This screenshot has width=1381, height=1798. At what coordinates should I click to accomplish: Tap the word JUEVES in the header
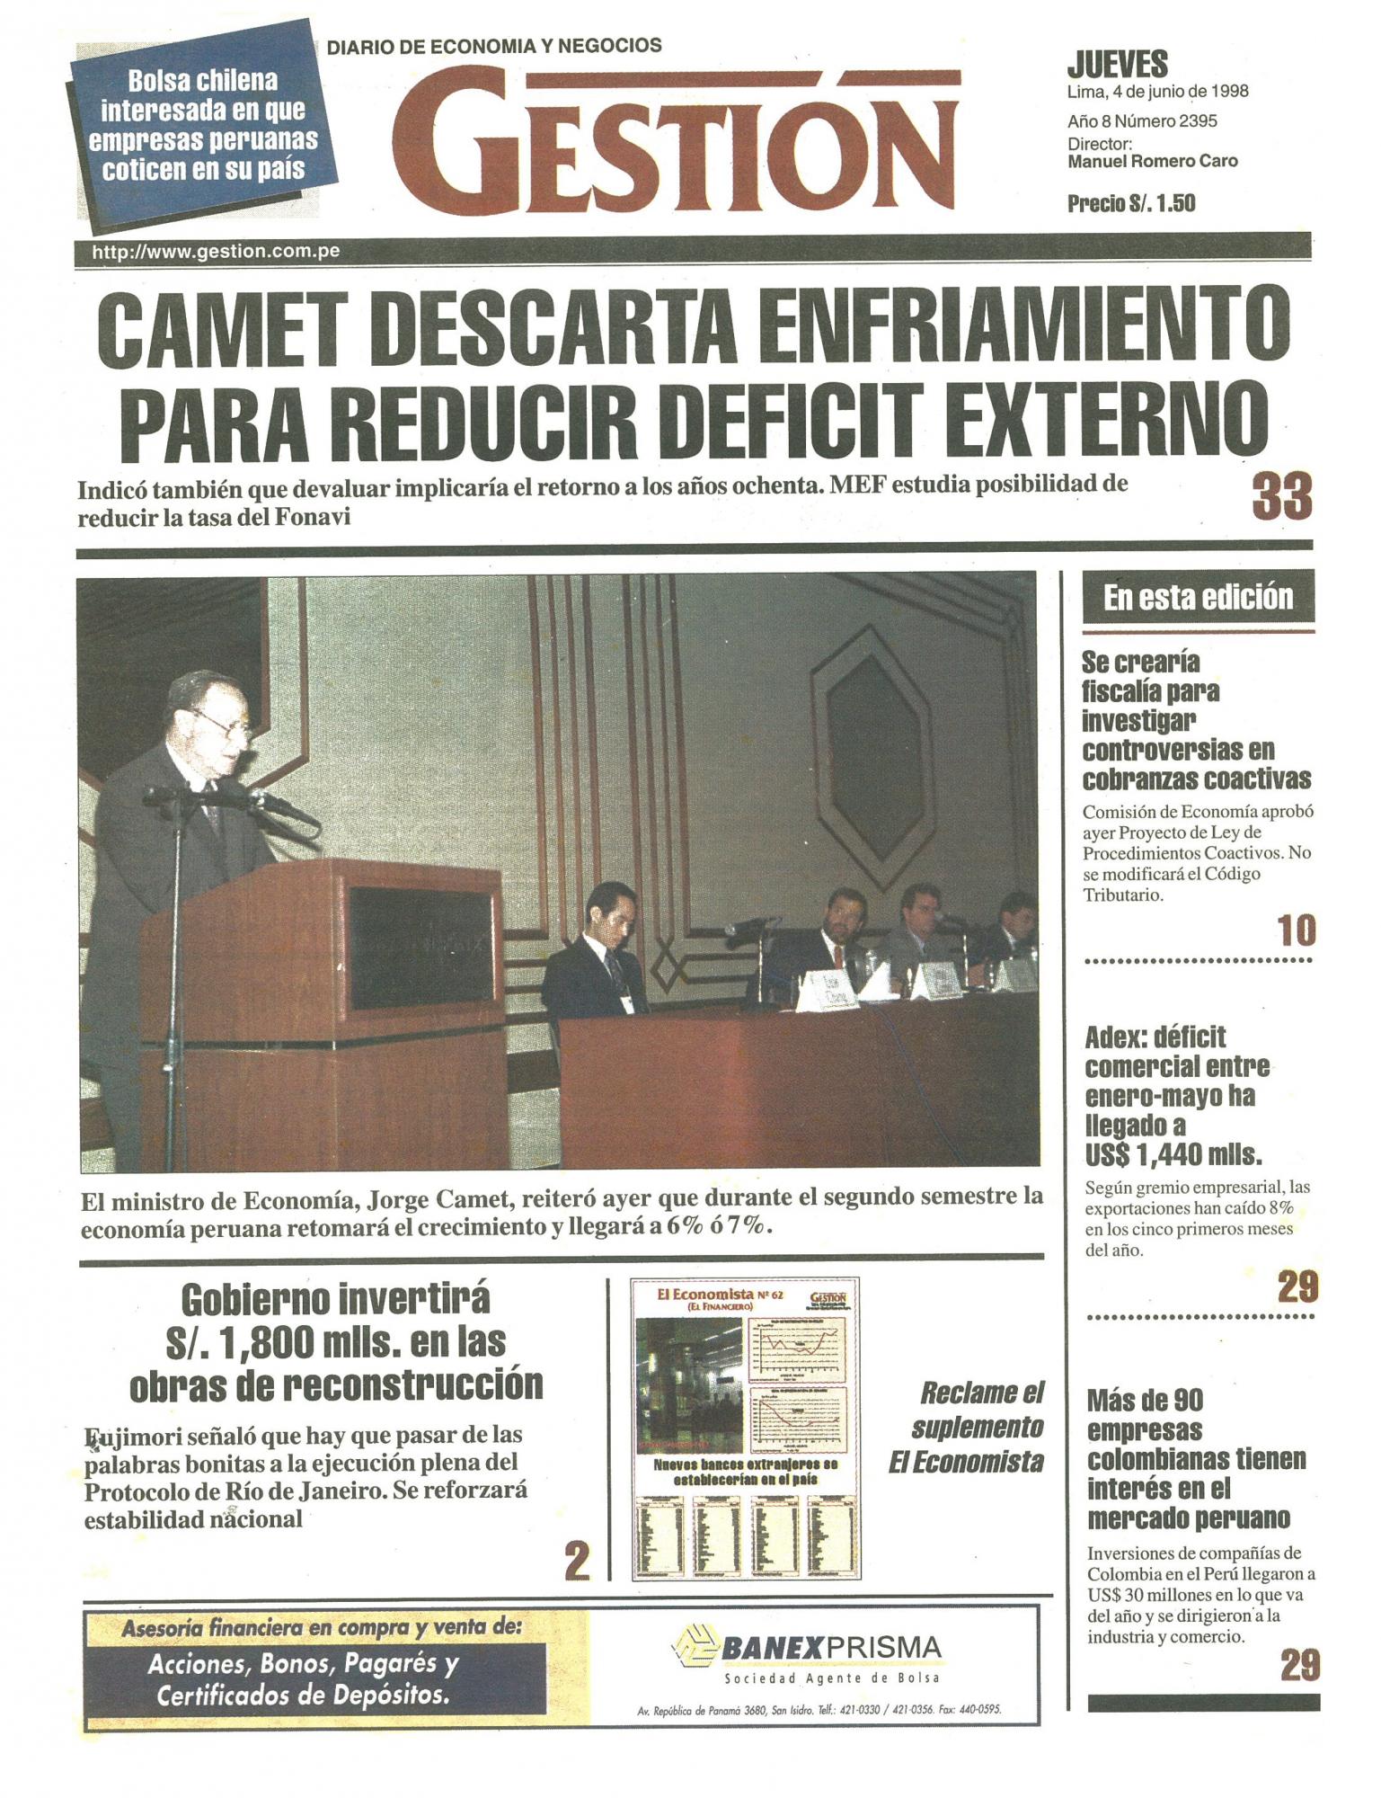(1117, 65)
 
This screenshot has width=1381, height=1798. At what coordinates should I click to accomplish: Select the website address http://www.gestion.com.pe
(216, 252)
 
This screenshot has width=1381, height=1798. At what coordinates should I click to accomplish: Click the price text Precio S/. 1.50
(1131, 204)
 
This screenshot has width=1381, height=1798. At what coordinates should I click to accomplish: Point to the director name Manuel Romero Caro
(1152, 162)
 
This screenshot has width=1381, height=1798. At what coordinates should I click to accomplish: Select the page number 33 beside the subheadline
(1281, 497)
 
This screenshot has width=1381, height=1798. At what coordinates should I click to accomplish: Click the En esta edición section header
(1198, 598)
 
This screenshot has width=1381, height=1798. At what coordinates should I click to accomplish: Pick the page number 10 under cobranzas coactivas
(1297, 931)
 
